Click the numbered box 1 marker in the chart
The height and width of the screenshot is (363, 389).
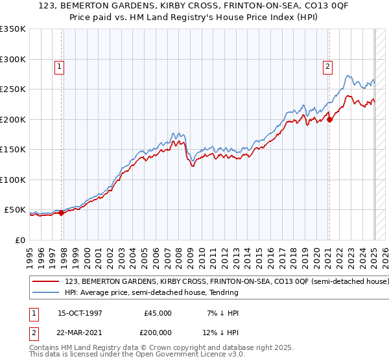pos(59,65)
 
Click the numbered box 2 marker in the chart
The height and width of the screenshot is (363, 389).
pos(328,65)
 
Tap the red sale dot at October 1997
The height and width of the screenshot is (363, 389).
pos(62,213)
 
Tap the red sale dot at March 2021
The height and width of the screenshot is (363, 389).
pos(329,119)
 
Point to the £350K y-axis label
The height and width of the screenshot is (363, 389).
pos(13,29)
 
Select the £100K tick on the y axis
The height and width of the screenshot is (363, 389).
pos(13,180)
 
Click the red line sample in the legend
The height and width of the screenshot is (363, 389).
pos(46,282)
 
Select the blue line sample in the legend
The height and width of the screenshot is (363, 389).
pos(46,293)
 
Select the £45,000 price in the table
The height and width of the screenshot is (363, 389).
pos(158,313)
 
